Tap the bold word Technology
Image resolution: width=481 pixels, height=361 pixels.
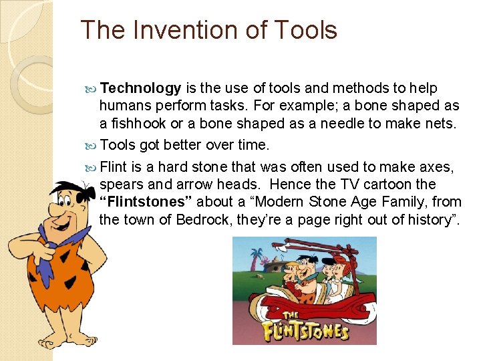[x=141, y=88]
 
